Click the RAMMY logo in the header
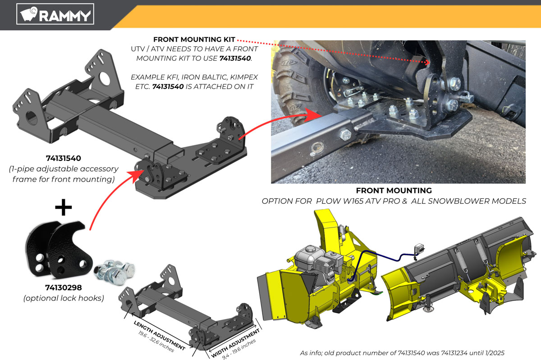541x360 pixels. pyautogui.click(x=55, y=14)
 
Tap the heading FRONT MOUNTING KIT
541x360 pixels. pyautogui.click(x=194, y=39)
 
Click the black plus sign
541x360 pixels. pyautogui.click(x=63, y=207)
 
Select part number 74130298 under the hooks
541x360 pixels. pyautogui.click(x=64, y=287)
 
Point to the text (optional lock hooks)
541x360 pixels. pyautogui.click(x=64, y=298)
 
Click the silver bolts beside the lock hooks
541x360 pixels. pyautogui.click(x=115, y=272)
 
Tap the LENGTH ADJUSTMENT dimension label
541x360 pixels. pyautogui.click(x=160, y=335)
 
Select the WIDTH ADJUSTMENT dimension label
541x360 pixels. pyautogui.click(x=235, y=343)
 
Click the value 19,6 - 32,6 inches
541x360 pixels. pyautogui.click(x=156, y=342)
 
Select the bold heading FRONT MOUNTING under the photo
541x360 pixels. pyautogui.click(x=394, y=191)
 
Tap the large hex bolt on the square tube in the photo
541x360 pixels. pyautogui.click(x=345, y=134)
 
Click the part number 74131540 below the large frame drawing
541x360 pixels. pyautogui.click(x=64, y=158)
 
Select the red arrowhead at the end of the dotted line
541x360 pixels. pyautogui.click(x=427, y=63)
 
